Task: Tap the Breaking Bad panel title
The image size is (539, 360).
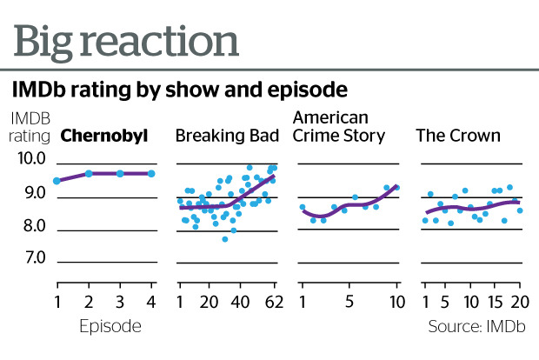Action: pyautogui.click(x=227, y=136)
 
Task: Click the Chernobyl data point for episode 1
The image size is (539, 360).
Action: pyautogui.click(x=57, y=181)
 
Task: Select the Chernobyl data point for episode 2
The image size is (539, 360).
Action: pyautogui.click(x=89, y=174)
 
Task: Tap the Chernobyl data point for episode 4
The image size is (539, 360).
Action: pyautogui.click(x=151, y=174)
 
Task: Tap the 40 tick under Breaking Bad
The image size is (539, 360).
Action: pyautogui.click(x=241, y=303)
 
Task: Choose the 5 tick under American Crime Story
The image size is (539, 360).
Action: pyautogui.click(x=349, y=303)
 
